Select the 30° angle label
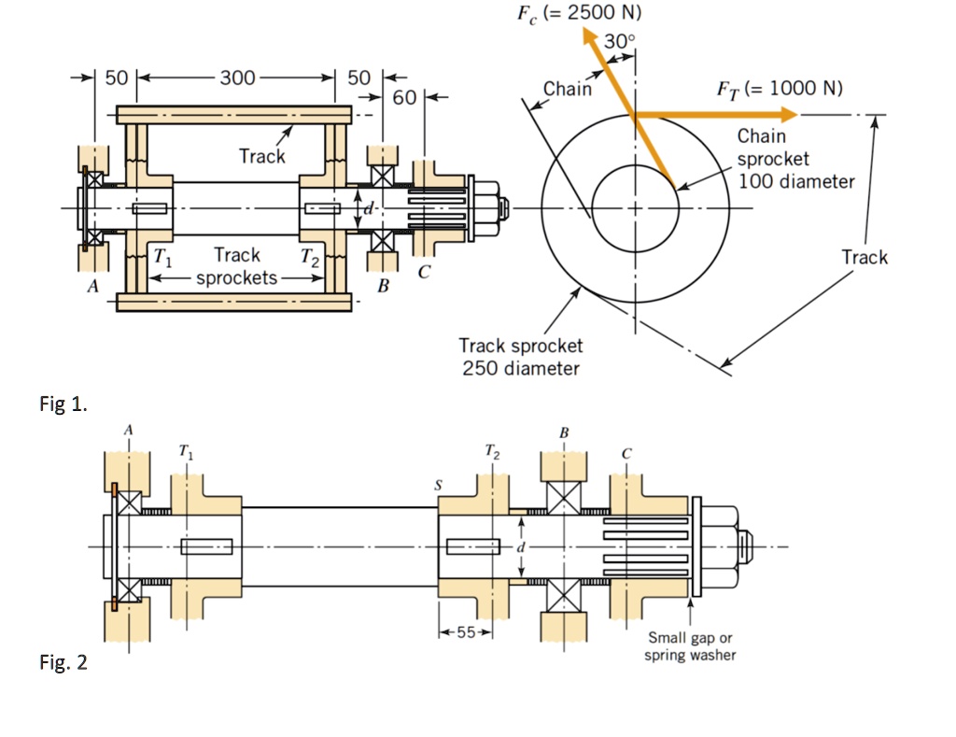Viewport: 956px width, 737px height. [619, 41]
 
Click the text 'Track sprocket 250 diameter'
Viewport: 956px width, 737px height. [521, 357]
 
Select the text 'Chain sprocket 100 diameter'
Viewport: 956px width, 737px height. [794, 159]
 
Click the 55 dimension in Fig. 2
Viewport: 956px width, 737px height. [466, 632]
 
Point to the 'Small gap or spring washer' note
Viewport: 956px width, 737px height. [690, 646]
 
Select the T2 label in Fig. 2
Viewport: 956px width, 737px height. [492, 455]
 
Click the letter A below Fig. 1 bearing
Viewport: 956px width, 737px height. [92, 288]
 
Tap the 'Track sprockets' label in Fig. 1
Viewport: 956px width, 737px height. [237, 266]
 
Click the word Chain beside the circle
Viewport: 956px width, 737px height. [567, 89]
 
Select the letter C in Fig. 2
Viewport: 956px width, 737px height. [627, 453]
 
